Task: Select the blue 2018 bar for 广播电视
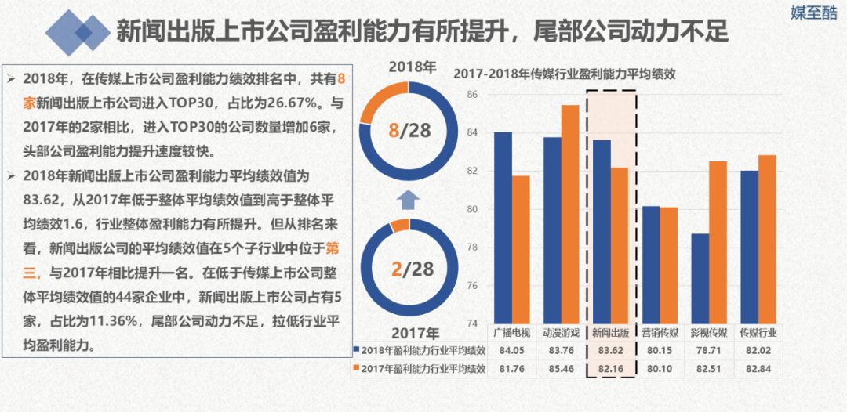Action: (503, 227)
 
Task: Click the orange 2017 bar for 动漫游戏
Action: (570, 213)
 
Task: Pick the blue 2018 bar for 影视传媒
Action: (700, 278)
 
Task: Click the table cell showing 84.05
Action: (512, 350)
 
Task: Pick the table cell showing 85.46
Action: (562, 368)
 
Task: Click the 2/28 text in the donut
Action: (411, 269)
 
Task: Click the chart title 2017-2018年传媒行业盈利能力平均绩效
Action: (564, 75)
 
